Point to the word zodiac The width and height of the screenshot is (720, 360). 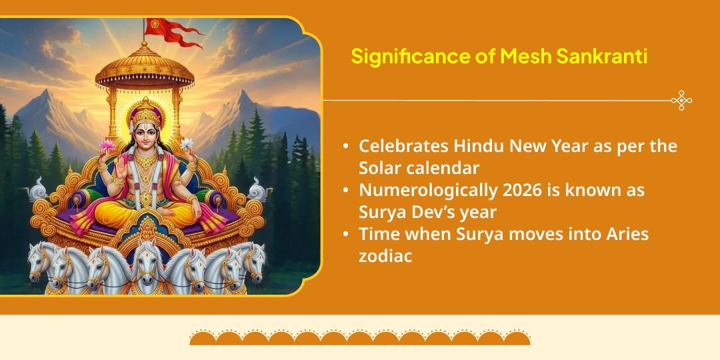coord(385,255)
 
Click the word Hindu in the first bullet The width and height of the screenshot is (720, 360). coord(480,146)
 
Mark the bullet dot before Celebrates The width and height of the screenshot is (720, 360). coord(346,147)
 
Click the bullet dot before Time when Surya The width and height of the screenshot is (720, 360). coord(346,235)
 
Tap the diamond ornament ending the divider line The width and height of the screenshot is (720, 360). coord(681,101)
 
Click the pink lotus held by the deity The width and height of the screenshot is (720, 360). coord(106,145)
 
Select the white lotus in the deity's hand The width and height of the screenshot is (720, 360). coord(186,143)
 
